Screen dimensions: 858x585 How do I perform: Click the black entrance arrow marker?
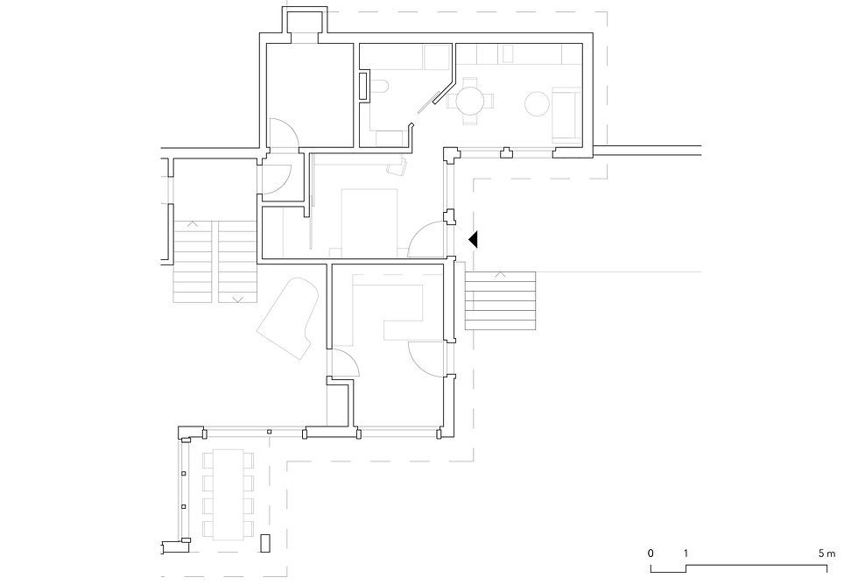click(x=474, y=240)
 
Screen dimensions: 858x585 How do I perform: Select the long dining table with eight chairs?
click(x=229, y=495)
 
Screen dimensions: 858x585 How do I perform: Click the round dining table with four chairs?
click(x=470, y=102)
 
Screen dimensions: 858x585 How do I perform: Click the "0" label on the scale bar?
click(x=651, y=553)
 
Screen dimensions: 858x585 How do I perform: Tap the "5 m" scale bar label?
click(x=826, y=553)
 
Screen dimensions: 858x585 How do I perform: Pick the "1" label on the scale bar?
click(x=686, y=553)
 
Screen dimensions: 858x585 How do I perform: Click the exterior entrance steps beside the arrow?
click(x=500, y=300)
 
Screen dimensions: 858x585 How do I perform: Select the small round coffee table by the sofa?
click(x=538, y=103)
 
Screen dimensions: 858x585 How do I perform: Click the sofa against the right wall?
click(x=566, y=115)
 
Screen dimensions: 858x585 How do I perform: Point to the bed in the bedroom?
click(x=369, y=222)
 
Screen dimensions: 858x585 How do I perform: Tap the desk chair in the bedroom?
click(x=397, y=166)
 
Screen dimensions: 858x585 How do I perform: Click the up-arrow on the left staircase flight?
click(x=193, y=224)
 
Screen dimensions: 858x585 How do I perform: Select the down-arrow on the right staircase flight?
click(x=237, y=300)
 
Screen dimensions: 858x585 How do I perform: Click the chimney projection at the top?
click(x=305, y=23)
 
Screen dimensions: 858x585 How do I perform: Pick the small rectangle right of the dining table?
click(x=266, y=543)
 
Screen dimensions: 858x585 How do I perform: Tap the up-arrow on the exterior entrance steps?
click(x=500, y=274)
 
